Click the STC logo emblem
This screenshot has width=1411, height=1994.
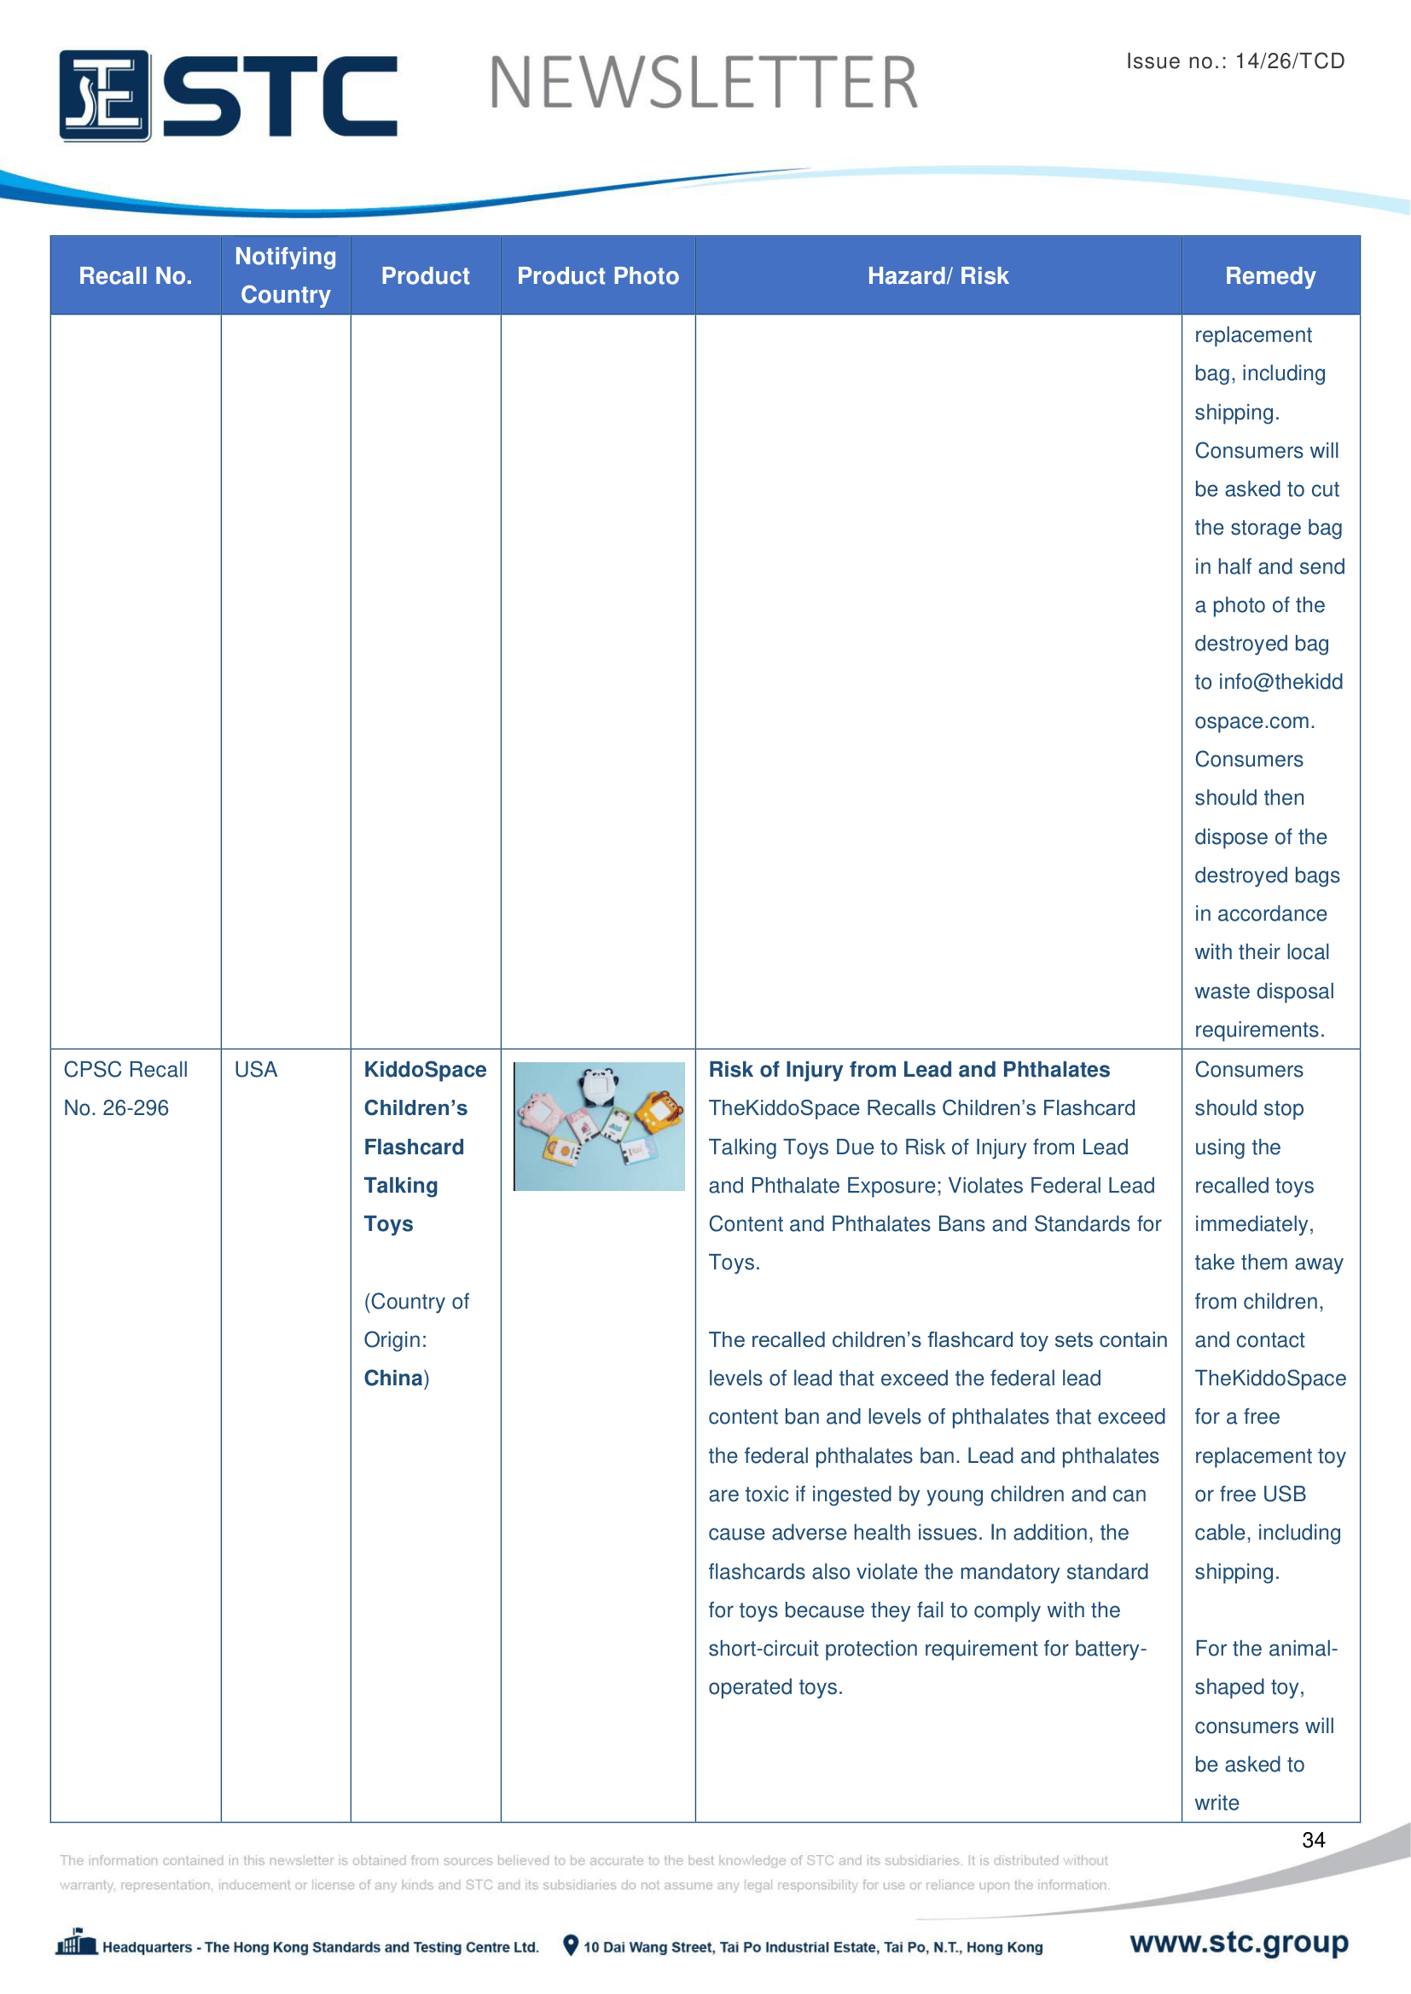pos(104,95)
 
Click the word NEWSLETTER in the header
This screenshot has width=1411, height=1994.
pos(703,84)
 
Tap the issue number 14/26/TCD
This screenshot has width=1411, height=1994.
pos(1289,61)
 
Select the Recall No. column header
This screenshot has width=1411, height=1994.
pos(135,276)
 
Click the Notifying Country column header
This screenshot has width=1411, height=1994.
pos(285,275)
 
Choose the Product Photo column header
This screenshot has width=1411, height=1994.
pos(598,276)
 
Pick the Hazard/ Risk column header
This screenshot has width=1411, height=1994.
pos(938,276)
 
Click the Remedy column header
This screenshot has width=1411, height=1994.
pos(1269,276)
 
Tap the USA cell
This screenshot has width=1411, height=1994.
pos(255,1069)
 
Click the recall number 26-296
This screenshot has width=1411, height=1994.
pos(136,1107)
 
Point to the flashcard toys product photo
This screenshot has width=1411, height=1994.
pos(599,1125)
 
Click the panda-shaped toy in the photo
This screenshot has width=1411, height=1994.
pos(599,1085)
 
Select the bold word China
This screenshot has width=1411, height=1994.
pos(392,1378)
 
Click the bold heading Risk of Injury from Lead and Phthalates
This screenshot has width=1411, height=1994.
pos(909,1069)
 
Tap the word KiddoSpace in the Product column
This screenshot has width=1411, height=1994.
pos(425,1069)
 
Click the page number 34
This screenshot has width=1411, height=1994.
pos(1313,1840)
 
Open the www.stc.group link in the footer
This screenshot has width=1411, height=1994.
pos(1239,1942)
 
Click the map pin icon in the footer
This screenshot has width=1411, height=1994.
pos(570,1945)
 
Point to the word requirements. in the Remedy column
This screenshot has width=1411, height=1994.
pos(1259,1029)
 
